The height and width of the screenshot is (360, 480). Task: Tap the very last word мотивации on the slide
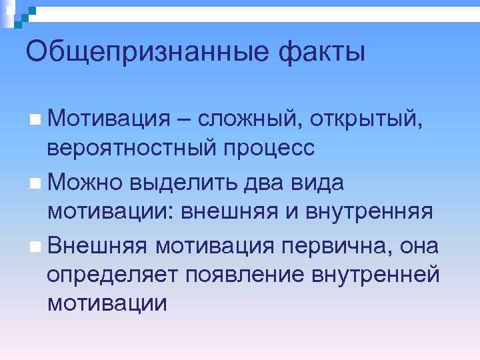pyautogui.click(x=107, y=304)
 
